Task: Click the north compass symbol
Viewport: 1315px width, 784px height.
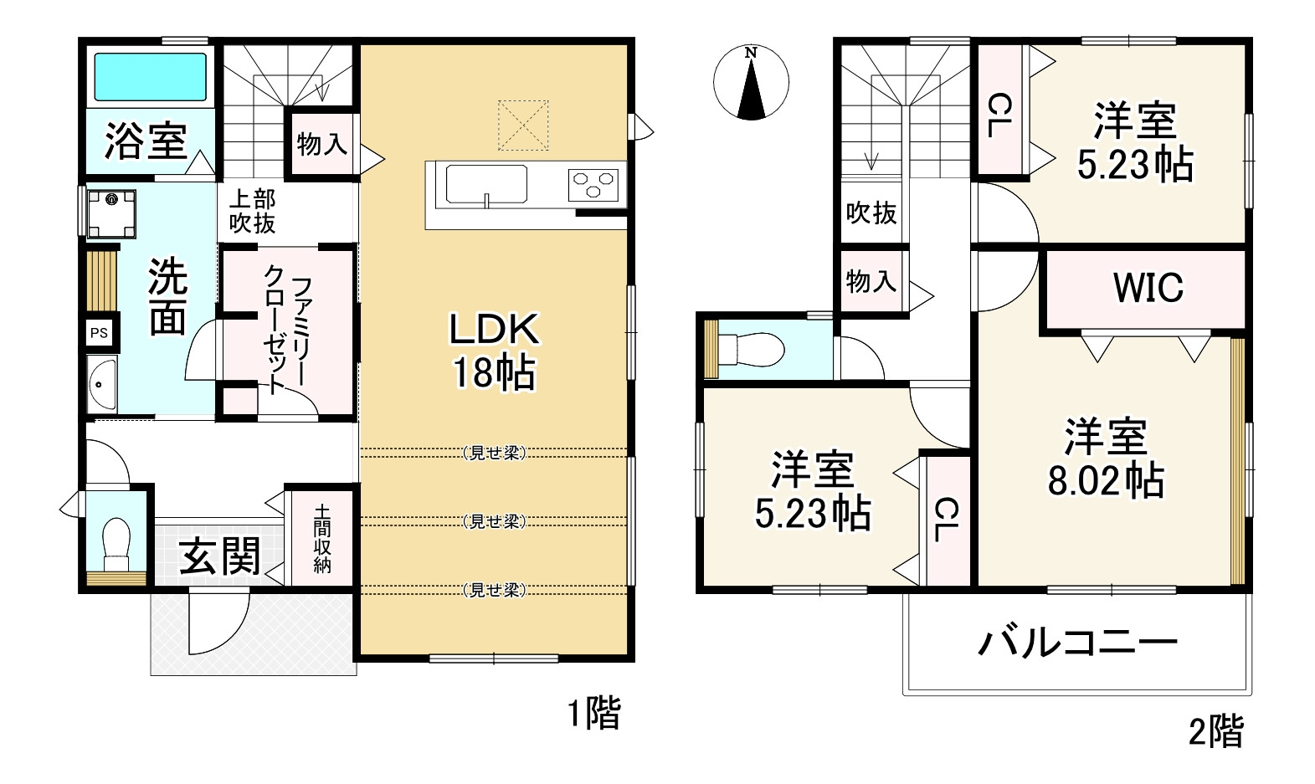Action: (751, 84)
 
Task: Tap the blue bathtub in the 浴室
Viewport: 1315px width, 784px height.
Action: (150, 78)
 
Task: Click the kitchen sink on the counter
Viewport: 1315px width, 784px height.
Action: (485, 184)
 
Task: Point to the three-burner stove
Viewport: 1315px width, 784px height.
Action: (593, 184)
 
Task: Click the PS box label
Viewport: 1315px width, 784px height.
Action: (99, 333)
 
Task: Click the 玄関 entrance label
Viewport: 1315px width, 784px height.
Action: (219, 556)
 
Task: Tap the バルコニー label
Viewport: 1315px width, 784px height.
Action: (1078, 643)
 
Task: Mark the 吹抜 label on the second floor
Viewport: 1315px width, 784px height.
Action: (871, 213)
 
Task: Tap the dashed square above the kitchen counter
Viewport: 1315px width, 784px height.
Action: (523, 126)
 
